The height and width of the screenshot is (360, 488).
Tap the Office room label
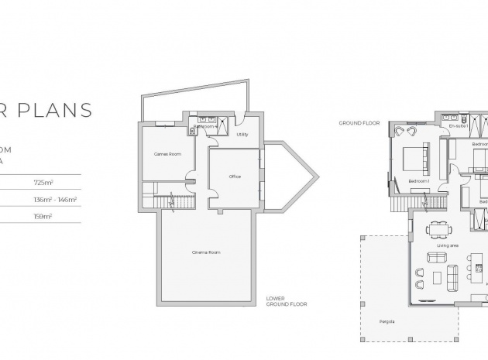(x=235, y=177)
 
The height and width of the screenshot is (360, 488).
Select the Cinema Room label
(x=206, y=252)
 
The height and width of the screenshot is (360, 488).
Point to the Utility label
(x=242, y=134)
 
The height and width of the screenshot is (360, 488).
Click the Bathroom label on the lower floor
(x=203, y=125)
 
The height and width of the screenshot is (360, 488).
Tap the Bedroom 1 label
(x=419, y=182)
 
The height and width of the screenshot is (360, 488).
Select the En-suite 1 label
(x=458, y=125)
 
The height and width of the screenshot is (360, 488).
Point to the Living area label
(x=448, y=246)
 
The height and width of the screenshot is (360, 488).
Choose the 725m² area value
(x=43, y=183)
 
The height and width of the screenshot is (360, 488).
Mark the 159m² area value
(x=43, y=217)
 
